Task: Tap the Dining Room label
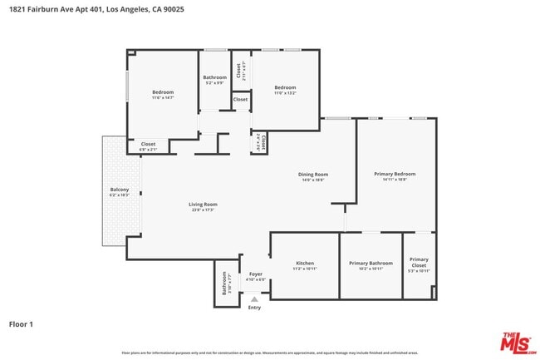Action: coord(313,175)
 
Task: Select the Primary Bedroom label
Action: coord(395,174)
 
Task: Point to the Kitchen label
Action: coord(305,264)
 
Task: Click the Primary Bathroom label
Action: coord(371,264)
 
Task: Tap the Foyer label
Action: coord(256,274)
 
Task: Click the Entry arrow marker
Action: coord(254,298)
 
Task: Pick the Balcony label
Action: coord(120,190)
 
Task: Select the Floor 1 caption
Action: coord(22,323)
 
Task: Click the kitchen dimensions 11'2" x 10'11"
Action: coord(305,269)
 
